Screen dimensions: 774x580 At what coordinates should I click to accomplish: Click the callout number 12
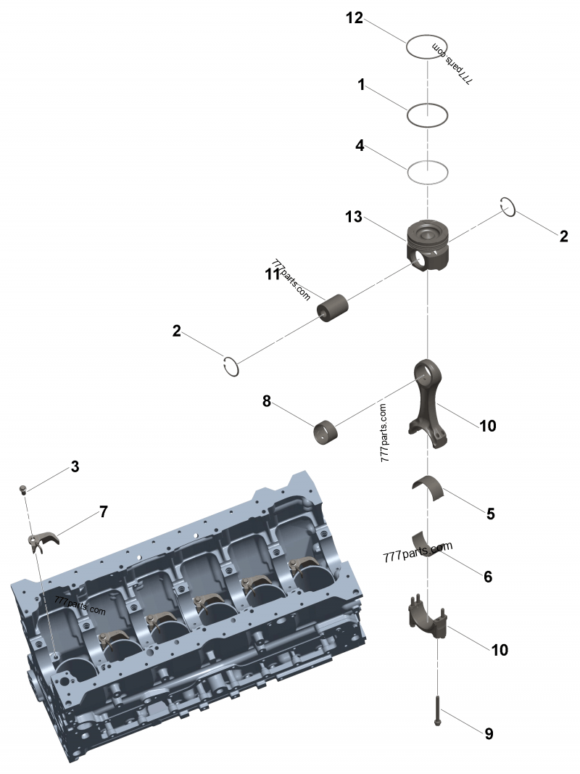tap(354, 19)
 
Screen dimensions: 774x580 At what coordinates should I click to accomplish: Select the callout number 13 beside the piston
tap(353, 217)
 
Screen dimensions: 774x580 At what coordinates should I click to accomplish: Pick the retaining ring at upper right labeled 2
tap(508, 207)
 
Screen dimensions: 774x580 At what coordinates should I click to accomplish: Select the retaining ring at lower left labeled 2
tap(231, 367)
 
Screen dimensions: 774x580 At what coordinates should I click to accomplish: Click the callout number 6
tap(488, 577)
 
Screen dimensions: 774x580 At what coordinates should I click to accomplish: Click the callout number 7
tap(104, 511)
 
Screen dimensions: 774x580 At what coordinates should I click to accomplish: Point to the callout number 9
tap(489, 734)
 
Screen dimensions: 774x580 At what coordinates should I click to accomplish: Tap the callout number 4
tap(360, 145)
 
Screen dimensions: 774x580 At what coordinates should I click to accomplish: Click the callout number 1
tap(360, 85)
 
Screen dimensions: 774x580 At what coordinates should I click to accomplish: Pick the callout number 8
tap(267, 401)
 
